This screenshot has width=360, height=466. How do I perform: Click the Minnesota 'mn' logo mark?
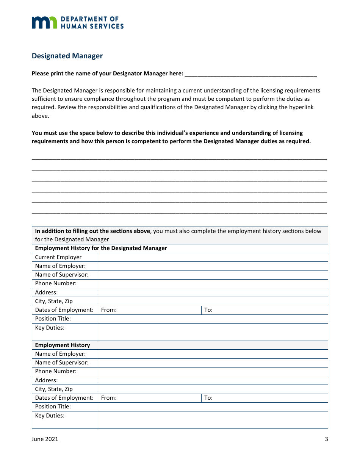(x=44, y=22)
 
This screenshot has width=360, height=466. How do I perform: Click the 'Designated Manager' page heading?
(x=67, y=56)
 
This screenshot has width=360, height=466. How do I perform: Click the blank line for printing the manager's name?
(x=250, y=74)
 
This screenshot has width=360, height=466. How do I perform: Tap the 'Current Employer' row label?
(x=58, y=257)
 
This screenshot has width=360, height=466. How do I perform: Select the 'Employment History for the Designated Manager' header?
(x=101, y=249)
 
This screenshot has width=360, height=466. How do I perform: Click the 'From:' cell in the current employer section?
(x=149, y=310)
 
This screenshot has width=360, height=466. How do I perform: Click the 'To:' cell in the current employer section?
(x=264, y=310)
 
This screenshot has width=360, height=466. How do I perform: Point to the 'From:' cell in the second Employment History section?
(x=149, y=398)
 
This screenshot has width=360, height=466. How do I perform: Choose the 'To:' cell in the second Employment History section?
(x=264, y=398)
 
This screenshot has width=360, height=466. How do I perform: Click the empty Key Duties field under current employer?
(x=213, y=332)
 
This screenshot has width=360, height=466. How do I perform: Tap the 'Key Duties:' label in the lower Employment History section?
(x=50, y=416)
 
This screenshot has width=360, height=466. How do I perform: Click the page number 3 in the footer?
(x=326, y=439)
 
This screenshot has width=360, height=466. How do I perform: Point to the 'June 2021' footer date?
(x=45, y=439)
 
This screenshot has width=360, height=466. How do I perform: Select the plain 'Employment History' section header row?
(x=63, y=345)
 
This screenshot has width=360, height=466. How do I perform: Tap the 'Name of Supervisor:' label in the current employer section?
(x=62, y=275)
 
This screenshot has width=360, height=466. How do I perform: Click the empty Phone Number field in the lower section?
(x=213, y=371)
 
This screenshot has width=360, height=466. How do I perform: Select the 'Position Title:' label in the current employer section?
(x=53, y=319)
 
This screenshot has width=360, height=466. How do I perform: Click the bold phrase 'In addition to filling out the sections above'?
(x=92, y=231)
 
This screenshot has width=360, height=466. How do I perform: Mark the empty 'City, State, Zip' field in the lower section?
(x=213, y=389)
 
